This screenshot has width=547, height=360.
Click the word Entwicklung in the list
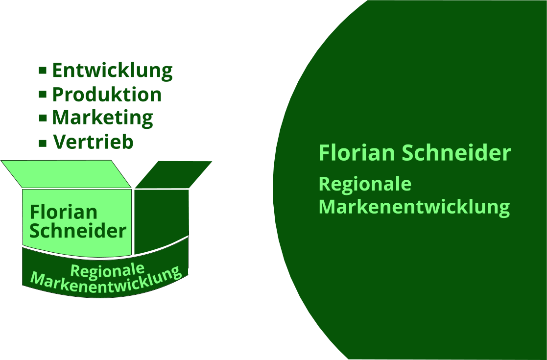(112, 71)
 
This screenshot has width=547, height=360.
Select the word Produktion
(107, 95)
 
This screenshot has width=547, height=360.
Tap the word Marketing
(102, 118)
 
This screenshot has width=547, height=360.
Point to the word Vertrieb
(93, 142)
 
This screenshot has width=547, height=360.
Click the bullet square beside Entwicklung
(43, 71)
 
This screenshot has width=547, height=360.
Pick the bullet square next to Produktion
(43, 94)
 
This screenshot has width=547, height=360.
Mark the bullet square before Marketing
(43, 118)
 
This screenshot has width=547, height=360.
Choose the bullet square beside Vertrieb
(43, 143)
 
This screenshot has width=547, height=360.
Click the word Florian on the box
(63, 213)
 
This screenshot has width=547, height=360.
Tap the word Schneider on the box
(78, 231)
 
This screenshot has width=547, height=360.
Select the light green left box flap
(66, 174)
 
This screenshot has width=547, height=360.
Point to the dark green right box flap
(174, 174)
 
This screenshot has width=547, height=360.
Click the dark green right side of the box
(161, 218)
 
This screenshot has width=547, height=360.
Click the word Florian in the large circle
(357, 153)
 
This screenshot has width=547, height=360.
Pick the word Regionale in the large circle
(365, 185)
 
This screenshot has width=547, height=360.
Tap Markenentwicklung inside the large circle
(414, 207)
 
